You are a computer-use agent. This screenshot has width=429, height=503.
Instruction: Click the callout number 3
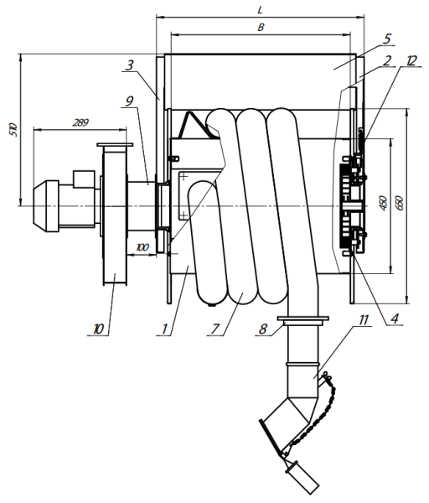(x=129, y=65)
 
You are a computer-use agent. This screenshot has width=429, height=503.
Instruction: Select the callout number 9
(x=129, y=101)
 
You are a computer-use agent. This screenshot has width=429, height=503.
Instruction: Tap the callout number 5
(x=387, y=39)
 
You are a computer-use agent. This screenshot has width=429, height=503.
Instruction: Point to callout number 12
(x=411, y=60)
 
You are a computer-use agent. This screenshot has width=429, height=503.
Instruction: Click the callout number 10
(x=99, y=329)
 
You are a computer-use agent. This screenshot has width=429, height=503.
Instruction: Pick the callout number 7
(x=214, y=329)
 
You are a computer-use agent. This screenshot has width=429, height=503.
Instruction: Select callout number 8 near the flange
(x=263, y=329)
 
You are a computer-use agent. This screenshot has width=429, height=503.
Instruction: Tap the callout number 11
(x=364, y=320)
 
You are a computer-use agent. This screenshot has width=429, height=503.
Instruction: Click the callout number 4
(x=395, y=319)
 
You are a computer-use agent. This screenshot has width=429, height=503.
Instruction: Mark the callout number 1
(x=165, y=329)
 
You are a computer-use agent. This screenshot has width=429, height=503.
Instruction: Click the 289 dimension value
(x=80, y=122)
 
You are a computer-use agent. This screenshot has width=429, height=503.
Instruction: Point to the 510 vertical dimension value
(x=13, y=130)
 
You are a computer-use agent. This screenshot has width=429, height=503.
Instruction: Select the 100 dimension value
(x=142, y=247)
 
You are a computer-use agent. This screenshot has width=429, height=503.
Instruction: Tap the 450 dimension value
(x=383, y=203)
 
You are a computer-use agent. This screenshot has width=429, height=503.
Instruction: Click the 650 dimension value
(x=400, y=203)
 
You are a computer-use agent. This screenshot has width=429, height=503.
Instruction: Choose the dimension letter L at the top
(x=260, y=10)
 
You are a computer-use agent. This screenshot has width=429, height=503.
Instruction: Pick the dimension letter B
(x=261, y=28)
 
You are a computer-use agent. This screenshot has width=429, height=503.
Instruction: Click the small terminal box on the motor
(x=84, y=179)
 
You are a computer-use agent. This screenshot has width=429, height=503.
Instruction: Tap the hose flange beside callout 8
(x=303, y=321)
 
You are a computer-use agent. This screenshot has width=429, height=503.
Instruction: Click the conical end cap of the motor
(x=40, y=206)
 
